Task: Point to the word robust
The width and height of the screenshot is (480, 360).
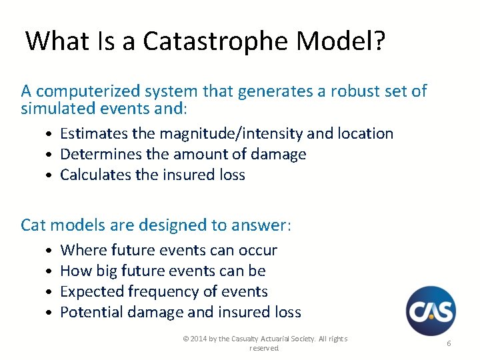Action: [x=339, y=91]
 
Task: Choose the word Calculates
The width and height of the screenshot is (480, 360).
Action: [x=93, y=175]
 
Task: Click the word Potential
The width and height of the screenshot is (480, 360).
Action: [x=90, y=312]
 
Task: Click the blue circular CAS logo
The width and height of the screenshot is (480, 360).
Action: [x=431, y=311]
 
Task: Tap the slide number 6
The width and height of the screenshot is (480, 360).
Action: [x=449, y=343]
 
